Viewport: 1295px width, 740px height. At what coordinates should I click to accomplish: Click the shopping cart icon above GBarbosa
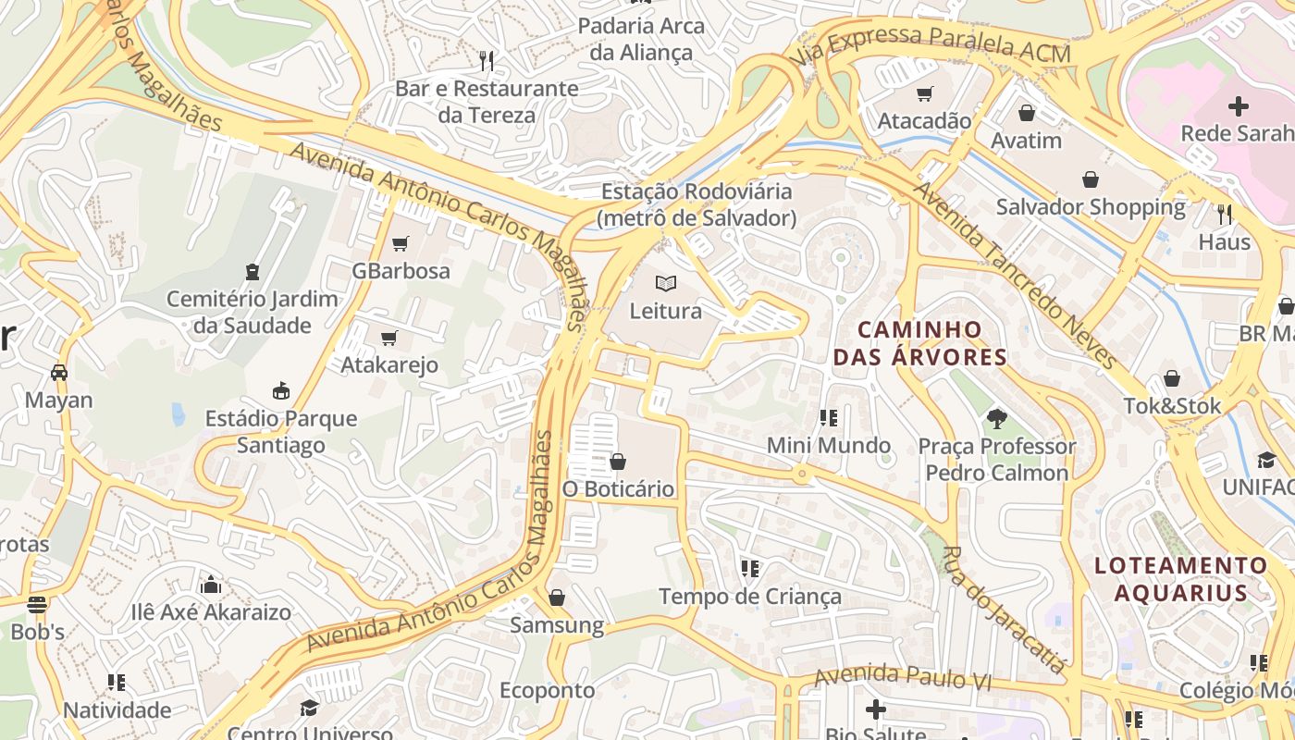point(400,244)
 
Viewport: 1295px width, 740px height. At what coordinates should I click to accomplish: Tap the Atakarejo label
point(389,364)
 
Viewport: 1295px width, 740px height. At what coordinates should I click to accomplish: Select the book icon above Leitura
point(666,283)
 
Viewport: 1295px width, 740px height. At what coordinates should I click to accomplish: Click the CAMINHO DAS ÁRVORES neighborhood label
point(919,343)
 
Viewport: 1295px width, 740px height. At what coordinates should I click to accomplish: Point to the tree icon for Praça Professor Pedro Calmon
point(996,419)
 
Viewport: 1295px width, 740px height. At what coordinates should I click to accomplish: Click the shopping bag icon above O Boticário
point(618,461)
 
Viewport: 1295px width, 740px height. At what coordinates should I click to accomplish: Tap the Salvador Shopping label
point(1090,206)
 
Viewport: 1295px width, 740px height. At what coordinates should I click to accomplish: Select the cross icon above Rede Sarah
point(1238,105)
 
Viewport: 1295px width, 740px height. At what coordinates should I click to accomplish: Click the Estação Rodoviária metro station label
point(696,204)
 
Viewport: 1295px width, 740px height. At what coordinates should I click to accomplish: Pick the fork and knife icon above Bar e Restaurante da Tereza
point(487,61)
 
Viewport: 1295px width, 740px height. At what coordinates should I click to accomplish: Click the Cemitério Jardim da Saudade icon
point(252,271)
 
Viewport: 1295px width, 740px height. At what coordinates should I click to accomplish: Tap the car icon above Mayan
point(59,373)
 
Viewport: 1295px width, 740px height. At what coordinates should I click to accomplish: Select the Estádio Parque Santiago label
point(281,431)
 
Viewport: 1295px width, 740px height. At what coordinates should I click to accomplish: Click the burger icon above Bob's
point(37,605)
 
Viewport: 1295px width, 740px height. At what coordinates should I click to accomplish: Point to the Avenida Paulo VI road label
point(902,678)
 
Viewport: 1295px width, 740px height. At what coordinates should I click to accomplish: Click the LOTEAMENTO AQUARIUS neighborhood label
point(1181,579)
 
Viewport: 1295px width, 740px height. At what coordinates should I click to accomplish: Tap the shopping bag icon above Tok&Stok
point(1171,378)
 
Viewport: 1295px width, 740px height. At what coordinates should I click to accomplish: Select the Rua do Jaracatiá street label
point(1003,610)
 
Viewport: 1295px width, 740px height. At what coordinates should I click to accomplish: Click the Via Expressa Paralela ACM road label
point(931,43)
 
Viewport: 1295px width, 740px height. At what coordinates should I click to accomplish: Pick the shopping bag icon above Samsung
point(557,598)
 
